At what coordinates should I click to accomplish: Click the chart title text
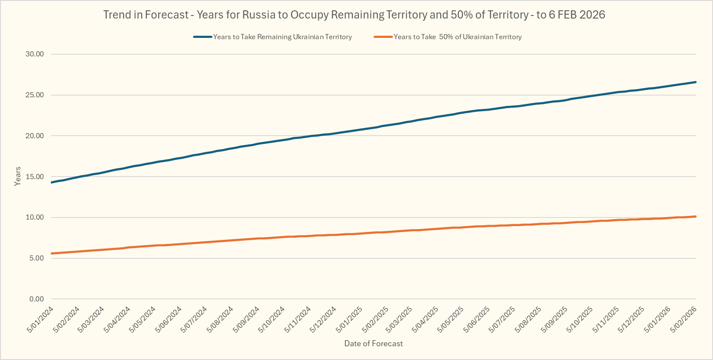[x=354, y=15]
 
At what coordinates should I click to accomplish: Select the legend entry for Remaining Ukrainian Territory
[x=282, y=37]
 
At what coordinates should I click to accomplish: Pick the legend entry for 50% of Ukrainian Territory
[x=458, y=37]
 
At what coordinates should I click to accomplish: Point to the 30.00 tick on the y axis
[x=34, y=54]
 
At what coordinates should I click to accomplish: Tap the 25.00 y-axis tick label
[x=34, y=95]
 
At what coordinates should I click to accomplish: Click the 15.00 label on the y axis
[x=34, y=177]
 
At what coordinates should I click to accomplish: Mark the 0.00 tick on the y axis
[x=37, y=299]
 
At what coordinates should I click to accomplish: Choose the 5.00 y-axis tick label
[x=37, y=258]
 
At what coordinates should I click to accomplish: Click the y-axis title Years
[x=18, y=176]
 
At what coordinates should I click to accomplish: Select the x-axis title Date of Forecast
[x=374, y=344]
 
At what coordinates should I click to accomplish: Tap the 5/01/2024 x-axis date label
[x=40, y=319]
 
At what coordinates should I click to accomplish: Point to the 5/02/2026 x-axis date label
[x=684, y=319]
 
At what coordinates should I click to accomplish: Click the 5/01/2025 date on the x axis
[x=349, y=319]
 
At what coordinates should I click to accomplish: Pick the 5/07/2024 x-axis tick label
[x=194, y=319]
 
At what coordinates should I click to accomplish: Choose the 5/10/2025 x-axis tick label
[x=580, y=319]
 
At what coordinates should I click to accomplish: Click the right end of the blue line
[x=695, y=82]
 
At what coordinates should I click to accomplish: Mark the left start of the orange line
[x=52, y=254]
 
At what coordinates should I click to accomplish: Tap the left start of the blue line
[x=52, y=183]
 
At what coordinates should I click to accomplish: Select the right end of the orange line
[x=695, y=216]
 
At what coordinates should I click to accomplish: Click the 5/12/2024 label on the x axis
[x=324, y=319]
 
